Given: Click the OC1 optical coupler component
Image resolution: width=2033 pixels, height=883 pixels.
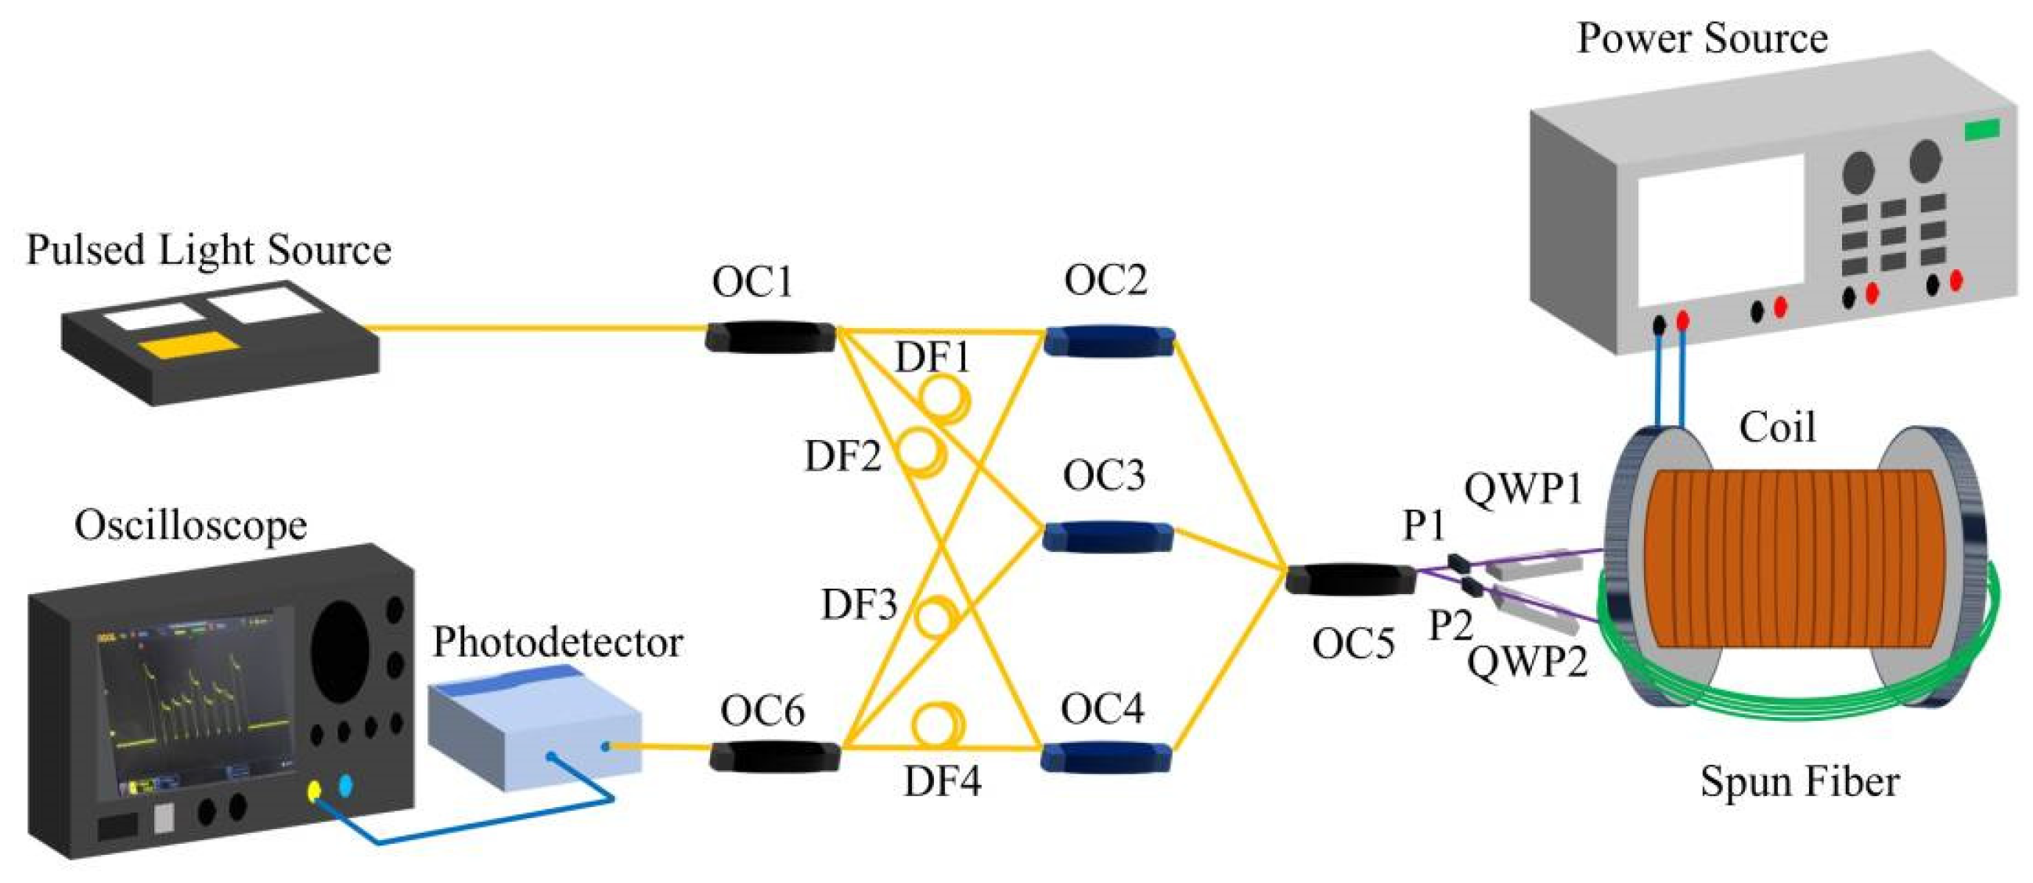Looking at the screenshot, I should click(x=770, y=337).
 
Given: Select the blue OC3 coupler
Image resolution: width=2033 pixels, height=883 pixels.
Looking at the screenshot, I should click(x=1107, y=537).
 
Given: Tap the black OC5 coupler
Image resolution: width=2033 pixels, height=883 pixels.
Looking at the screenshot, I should click(x=1350, y=579).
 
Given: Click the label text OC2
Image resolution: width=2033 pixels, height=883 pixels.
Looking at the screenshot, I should click(x=1105, y=280).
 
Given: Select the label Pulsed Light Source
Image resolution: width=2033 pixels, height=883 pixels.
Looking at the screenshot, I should click(x=208, y=250).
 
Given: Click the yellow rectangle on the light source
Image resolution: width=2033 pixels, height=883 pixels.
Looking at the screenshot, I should click(x=189, y=346).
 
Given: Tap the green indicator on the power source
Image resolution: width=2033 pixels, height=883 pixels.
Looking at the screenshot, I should click(x=1981, y=129).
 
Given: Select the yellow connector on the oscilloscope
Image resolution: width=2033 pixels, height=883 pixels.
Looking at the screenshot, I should click(x=314, y=790).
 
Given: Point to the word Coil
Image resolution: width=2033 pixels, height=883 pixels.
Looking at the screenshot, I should click(x=1777, y=427).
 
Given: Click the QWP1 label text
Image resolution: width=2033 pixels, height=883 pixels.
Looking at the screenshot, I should click(x=1523, y=489).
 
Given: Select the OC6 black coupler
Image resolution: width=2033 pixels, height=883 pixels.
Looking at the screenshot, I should click(x=774, y=757).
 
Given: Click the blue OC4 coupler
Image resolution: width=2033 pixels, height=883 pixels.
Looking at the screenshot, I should click(x=1105, y=757).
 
